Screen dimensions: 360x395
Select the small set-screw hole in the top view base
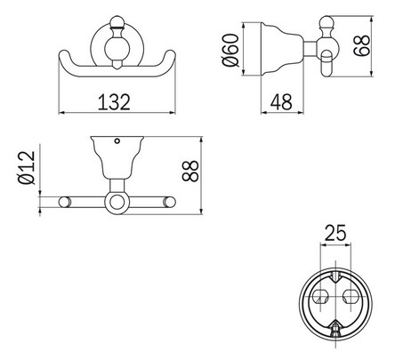pyautogui.click(x=117, y=143)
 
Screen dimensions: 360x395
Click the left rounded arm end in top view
pyautogui.click(x=63, y=204)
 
